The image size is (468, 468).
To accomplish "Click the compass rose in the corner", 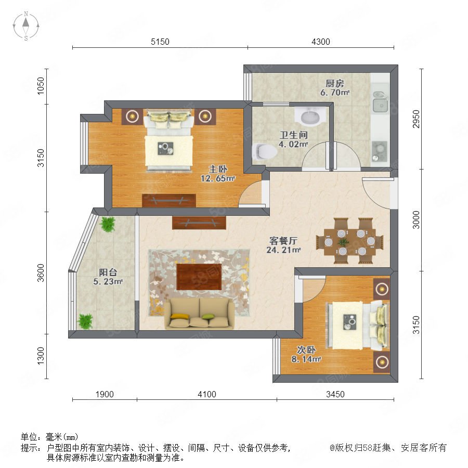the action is [x=26, y=26].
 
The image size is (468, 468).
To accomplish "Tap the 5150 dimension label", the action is [x=160, y=42].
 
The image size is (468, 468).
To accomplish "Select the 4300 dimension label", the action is [x=321, y=42].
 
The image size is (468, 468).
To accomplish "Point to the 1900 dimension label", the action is [x=105, y=394].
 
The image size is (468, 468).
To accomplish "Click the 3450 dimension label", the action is [x=335, y=394].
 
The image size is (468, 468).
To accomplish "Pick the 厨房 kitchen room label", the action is [x=334, y=83].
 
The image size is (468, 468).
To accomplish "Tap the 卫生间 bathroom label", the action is [x=293, y=135].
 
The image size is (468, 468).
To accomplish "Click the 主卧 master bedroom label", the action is [x=218, y=169].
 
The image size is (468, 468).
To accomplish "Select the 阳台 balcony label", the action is [x=108, y=272].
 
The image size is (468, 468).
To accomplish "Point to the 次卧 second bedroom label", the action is [x=306, y=349].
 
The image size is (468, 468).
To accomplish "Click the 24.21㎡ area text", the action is [x=283, y=250].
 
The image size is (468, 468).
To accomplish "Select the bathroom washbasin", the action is [x=310, y=116].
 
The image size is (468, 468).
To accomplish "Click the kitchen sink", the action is [x=380, y=102].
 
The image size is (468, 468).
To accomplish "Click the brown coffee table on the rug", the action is [x=199, y=277].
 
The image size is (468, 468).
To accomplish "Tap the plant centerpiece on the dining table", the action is [x=344, y=242].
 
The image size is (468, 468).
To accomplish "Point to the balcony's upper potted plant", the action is [x=108, y=224].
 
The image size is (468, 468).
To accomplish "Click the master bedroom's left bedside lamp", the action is [x=132, y=116].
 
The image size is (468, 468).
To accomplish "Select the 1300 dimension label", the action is [x=41, y=356].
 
